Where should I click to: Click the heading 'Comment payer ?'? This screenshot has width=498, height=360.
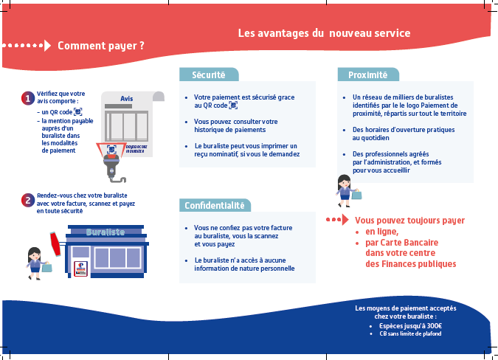tap(100, 46)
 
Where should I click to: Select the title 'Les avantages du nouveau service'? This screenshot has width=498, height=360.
tap(324, 33)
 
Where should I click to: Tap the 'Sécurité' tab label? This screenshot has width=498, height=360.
tap(209, 75)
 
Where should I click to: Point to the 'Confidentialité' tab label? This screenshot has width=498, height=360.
tap(214, 205)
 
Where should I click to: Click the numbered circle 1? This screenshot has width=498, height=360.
tap(27, 98)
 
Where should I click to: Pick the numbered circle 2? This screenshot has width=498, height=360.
tap(27, 199)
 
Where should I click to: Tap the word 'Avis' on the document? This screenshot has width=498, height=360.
tap(126, 99)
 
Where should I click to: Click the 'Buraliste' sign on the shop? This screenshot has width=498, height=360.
tap(105, 232)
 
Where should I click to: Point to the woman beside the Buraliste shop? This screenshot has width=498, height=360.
tap(34, 259)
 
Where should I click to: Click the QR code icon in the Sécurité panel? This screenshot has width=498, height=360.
tap(233, 105)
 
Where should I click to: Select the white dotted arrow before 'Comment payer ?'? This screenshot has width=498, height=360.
tap(27, 46)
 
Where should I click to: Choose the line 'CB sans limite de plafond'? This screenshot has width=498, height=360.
tap(410, 334)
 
